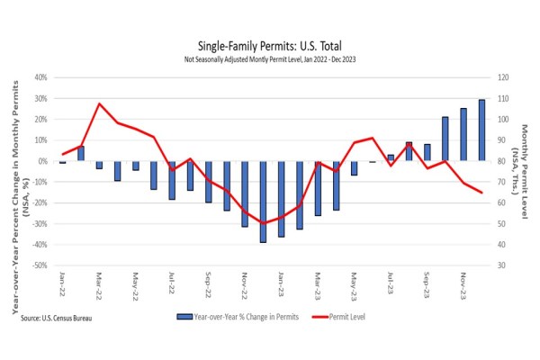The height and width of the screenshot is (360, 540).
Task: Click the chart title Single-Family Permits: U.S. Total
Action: (269, 46)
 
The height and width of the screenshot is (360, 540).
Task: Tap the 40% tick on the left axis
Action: (41, 77)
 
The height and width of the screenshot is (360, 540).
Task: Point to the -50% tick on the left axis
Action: (40, 265)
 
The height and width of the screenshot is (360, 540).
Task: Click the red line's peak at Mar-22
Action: (99, 103)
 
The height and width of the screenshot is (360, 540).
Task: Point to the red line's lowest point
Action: (263, 223)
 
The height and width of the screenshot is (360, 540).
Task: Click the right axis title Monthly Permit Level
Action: (524, 171)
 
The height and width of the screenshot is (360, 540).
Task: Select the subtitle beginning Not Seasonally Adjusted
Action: (269, 59)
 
